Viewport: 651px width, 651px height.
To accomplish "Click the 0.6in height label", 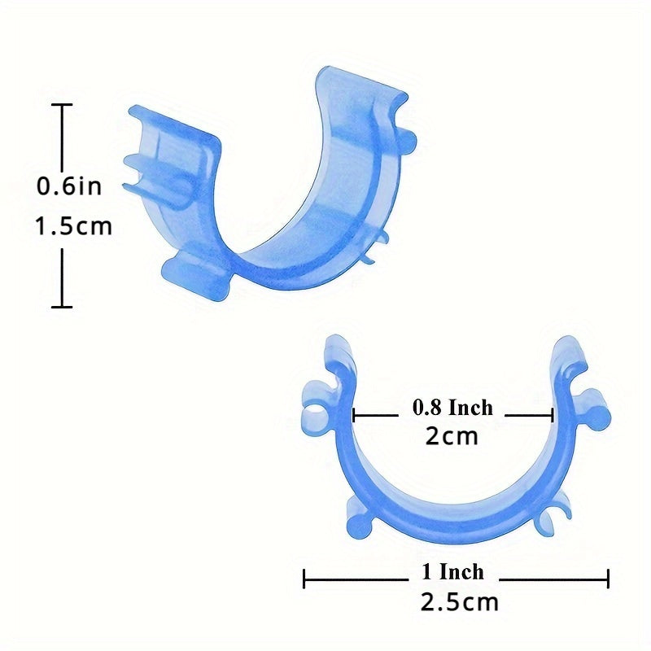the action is pos(69,186).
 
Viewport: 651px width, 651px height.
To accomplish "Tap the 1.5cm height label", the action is pos(74,226).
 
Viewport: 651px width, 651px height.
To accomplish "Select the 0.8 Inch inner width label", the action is pos(452,408).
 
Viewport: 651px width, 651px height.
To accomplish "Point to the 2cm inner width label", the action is pos(452,436).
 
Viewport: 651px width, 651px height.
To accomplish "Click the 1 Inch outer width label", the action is pos(452,572).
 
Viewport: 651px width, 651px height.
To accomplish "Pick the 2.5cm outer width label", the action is pos(459,602).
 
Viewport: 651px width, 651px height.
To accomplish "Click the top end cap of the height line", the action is pos(63,105).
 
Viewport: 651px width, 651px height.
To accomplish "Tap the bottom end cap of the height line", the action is pos(63,307).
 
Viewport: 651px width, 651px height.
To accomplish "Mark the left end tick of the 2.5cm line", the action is pos(304,579).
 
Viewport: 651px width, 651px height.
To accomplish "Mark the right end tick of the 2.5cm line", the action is pos(608,579).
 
